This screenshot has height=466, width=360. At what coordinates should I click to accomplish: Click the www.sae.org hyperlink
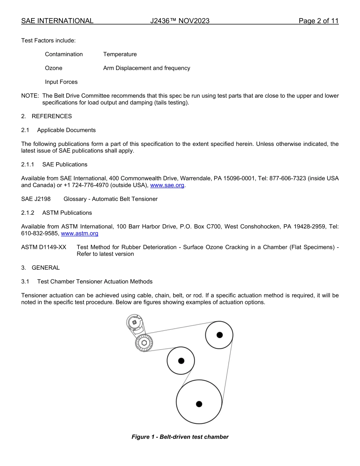(x=167, y=185)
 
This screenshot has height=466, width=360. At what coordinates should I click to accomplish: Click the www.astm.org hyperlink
(x=80, y=233)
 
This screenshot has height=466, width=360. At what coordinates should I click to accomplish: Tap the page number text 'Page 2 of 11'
(x=318, y=21)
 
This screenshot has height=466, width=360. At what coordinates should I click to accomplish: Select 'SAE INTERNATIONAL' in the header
(x=57, y=21)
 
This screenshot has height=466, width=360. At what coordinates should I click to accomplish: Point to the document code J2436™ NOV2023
(x=180, y=21)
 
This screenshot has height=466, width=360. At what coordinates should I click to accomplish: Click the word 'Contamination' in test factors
(x=64, y=54)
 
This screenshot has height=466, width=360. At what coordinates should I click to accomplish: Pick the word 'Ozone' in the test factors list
(x=53, y=68)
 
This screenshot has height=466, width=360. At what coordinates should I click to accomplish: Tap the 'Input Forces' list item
(x=61, y=82)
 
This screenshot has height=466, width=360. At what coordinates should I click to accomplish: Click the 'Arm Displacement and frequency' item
(x=146, y=68)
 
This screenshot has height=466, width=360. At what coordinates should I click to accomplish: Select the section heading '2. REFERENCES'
(x=46, y=116)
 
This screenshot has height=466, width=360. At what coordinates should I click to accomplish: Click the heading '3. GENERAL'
(x=41, y=267)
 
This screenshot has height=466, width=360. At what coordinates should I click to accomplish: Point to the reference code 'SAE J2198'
(x=36, y=199)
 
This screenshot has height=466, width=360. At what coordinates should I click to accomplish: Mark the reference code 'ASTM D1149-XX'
(x=44, y=247)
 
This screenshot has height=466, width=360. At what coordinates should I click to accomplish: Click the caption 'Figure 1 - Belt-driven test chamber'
(x=180, y=437)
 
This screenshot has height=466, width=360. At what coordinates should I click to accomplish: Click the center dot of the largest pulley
(x=199, y=404)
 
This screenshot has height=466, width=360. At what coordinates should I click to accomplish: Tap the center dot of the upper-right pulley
(x=219, y=335)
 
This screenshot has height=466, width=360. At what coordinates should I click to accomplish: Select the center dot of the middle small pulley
(x=181, y=361)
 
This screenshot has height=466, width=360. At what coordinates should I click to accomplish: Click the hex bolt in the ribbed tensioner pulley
(x=144, y=343)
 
